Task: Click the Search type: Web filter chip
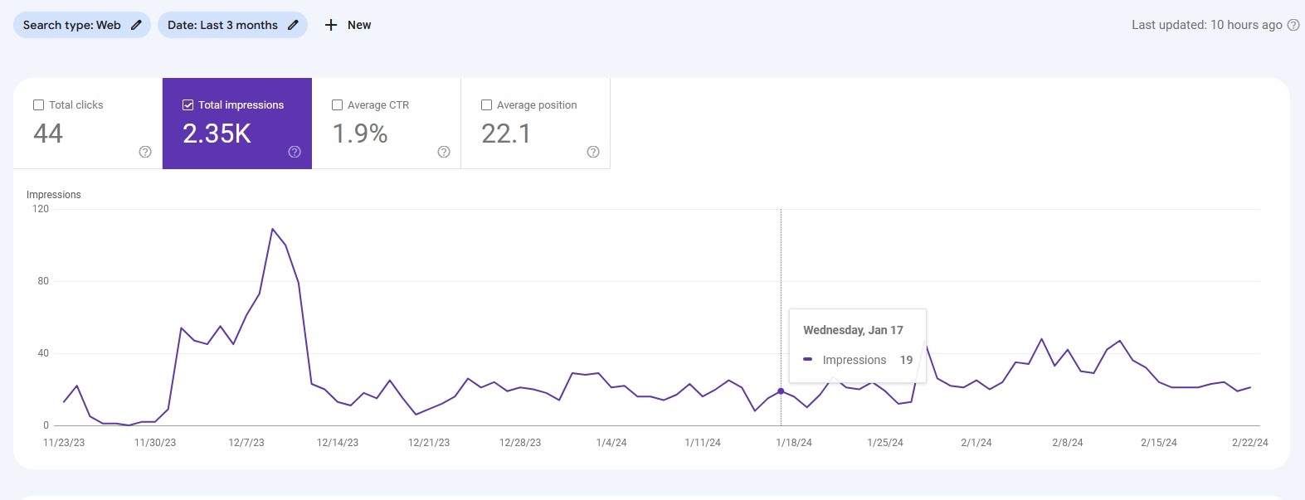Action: point(81,25)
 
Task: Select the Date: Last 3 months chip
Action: point(231,25)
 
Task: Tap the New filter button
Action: point(348,25)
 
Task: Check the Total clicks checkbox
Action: point(38,105)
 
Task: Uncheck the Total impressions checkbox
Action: point(187,105)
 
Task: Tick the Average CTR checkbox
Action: point(337,105)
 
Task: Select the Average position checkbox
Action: point(486,105)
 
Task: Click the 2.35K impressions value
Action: point(217,133)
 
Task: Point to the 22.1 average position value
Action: point(506,133)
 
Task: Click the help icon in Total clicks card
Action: point(145,152)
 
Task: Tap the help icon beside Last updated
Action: point(1293,25)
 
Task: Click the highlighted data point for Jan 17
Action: point(781,391)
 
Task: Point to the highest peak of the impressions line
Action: point(272,229)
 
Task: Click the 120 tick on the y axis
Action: point(41,209)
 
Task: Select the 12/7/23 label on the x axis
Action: point(246,443)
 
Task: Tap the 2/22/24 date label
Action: point(1249,443)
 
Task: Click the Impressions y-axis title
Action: point(54,195)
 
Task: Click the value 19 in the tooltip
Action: point(906,360)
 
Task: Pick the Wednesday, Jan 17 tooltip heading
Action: point(853,330)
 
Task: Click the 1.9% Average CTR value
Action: point(360,133)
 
